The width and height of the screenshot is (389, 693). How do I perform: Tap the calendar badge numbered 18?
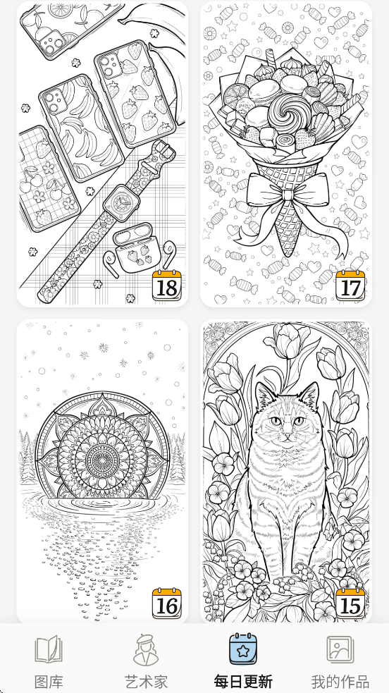tap(167, 286)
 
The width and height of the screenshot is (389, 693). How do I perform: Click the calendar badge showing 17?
tap(350, 286)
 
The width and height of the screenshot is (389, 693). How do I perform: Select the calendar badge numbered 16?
tap(167, 603)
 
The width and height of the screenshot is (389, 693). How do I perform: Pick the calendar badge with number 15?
tap(350, 603)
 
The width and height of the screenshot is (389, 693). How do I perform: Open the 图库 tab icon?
tap(49, 649)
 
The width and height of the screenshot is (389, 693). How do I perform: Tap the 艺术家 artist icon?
tap(146, 650)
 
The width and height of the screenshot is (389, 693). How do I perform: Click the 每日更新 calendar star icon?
tap(243, 649)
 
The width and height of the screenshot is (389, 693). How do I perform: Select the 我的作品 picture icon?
tap(340, 649)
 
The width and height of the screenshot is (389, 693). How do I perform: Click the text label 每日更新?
tap(243, 682)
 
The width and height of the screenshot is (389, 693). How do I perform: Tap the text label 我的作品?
tap(340, 682)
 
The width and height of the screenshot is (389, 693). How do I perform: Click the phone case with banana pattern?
tap(81, 128)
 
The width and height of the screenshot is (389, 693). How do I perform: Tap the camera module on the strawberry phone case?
tap(109, 65)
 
